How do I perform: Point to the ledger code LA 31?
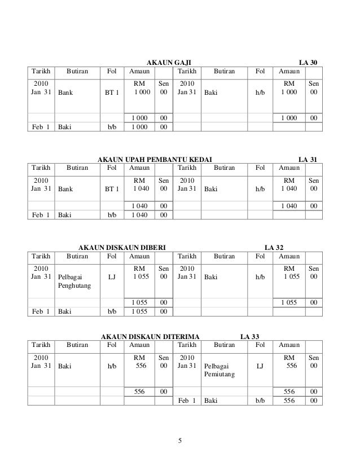click(x=308, y=160)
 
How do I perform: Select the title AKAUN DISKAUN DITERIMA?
click(x=146, y=337)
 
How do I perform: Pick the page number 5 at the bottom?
click(x=180, y=441)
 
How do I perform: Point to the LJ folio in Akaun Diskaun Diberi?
click(x=112, y=277)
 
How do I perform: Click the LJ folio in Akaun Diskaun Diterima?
click(x=259, y=367)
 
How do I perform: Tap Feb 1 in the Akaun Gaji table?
click(x=41, y=128)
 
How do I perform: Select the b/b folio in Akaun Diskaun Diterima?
click(x=259, y=401)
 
